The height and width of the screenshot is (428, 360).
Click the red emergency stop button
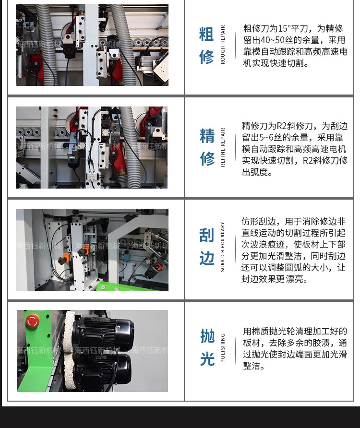[x=33, y=321]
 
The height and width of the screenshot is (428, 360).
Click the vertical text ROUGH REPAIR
[x=223, y=45]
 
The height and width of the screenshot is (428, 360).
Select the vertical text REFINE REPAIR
[x=223, y=147]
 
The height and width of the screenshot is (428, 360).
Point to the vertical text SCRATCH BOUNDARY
[x=223, y=247]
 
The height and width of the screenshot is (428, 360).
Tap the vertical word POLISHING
[x=223, y=348]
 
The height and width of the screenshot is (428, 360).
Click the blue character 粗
[x=206, y=34]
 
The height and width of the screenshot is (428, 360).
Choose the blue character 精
[x=207, y=136]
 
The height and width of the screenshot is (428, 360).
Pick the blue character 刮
[x=206, y=235]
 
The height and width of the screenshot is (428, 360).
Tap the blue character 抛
[x=207, y=336]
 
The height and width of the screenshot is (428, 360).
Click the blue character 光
[x=207, y=359]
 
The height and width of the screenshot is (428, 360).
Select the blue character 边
[x=206, y=258]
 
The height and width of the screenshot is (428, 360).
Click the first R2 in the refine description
[x=282, y=126]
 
